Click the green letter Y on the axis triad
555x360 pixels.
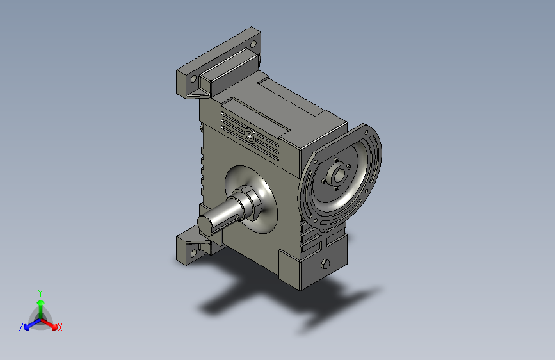[x=40, y=293]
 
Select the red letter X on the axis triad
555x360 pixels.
[x=60, y=328]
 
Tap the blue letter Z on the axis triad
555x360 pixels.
[x=21, y=327]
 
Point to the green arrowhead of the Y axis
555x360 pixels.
[x=41, y=303]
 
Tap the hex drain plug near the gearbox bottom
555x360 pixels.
[x=325, y=265]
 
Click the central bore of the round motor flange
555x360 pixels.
[x=339, y=175]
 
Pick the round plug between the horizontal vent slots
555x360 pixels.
[x=250, y=136]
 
